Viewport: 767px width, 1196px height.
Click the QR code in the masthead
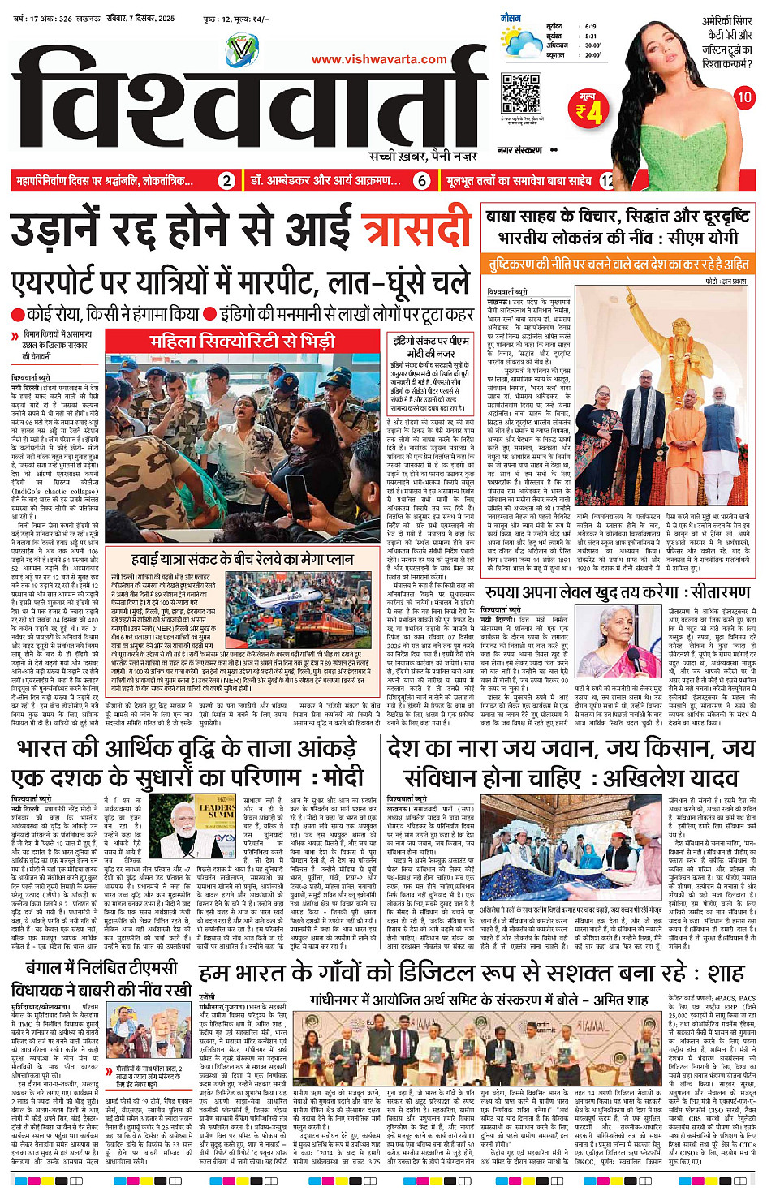[521, 92]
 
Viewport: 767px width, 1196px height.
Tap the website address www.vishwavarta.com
[379, 59]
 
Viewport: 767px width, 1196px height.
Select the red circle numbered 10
[743, 97]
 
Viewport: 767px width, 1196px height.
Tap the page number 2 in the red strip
[226, 181]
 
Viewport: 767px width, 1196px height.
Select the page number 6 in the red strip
[422, 181]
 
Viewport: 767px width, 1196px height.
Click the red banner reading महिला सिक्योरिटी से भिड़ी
[242, 342]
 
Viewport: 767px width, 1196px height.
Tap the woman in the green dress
[659, 89]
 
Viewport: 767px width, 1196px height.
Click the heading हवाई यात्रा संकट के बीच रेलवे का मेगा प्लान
[242, 560]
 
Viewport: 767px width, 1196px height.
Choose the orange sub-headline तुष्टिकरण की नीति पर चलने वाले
[618, 265]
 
